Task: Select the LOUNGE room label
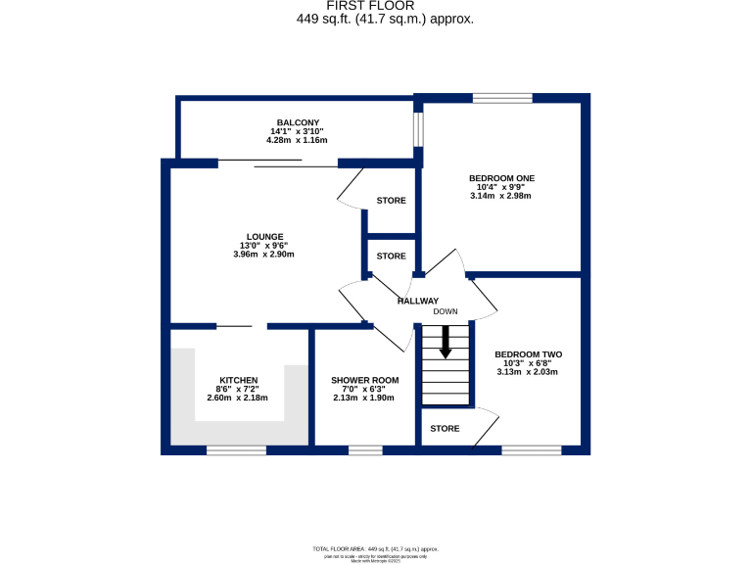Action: tap(264, 236)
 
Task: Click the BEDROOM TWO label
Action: tap(528, 353)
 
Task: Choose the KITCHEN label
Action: tap(238, 380)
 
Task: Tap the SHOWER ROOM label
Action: tap(364, 380)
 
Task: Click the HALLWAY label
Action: tap(417, 301)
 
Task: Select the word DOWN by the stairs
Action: tap(446, 311)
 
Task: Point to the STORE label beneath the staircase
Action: tap(445, 428)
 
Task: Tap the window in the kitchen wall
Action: tap(236, 450)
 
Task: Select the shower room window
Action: tap(365, 450)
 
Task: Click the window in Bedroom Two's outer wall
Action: tap(532, 450)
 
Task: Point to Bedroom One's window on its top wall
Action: tap(502, 98)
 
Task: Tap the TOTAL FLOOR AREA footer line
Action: tap(375, 549)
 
